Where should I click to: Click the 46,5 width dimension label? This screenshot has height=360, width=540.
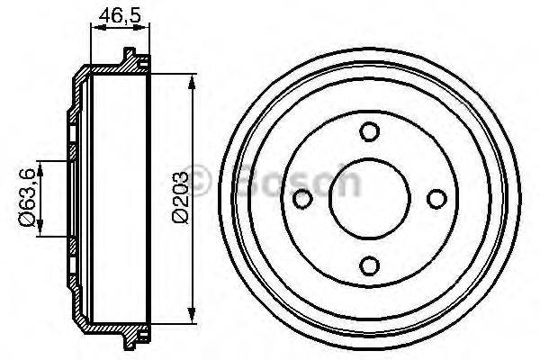111,15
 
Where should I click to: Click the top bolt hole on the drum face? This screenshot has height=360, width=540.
368,131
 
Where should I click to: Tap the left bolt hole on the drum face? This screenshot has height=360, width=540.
302,198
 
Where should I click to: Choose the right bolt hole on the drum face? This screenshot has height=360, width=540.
436,198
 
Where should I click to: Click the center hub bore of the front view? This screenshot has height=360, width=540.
368,198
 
